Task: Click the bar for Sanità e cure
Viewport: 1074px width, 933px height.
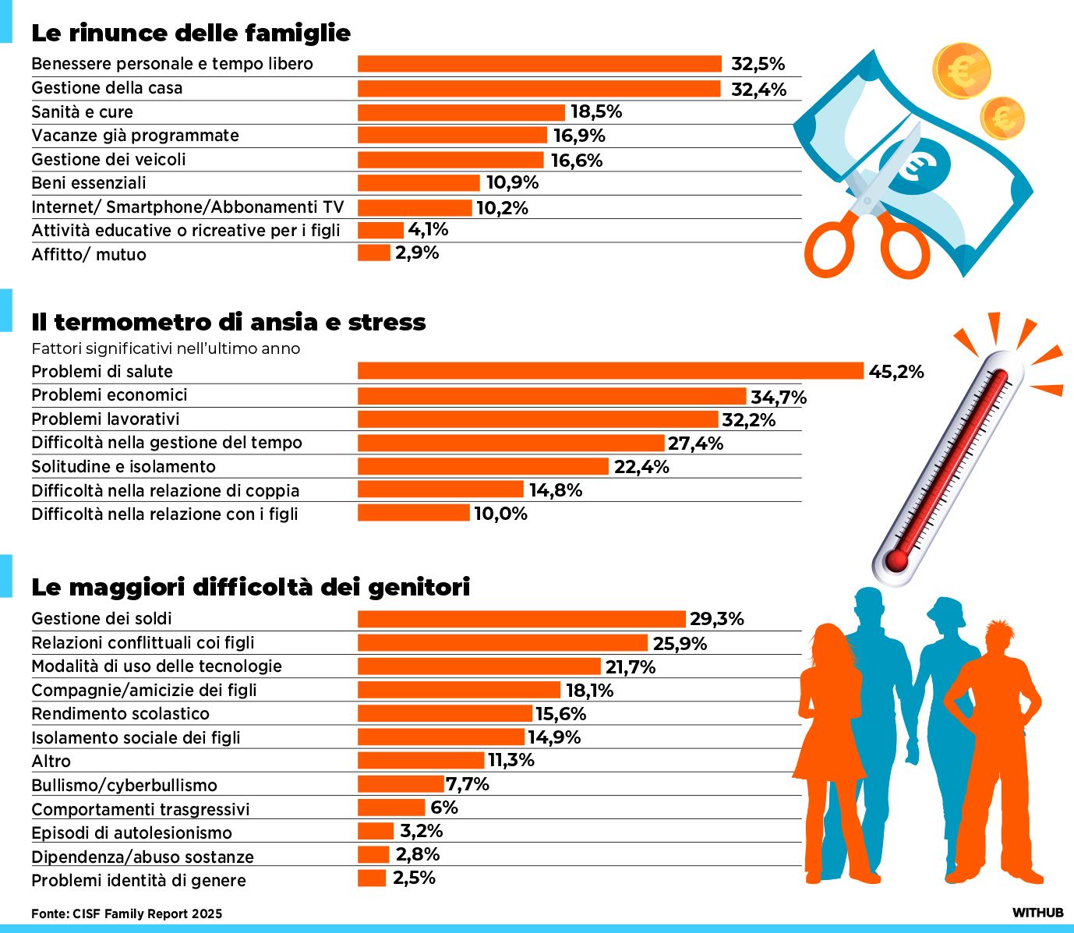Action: pyautogui.click(x=461, y=112)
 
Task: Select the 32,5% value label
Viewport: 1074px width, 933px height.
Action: pyautogui.click(x=758, y=64)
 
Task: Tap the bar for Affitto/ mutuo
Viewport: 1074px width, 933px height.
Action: pyautogui.click(x=374, y=253)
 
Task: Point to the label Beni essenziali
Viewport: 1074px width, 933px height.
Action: pyautogui.click(x=89, y=183)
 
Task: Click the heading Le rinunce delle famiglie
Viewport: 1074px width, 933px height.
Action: pyautogui.click(x=191, y=33)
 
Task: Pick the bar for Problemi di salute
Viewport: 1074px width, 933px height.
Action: pyautogui.click(x=610, y=371)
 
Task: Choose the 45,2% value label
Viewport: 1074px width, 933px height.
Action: pyautogui.click(x=896, y=372)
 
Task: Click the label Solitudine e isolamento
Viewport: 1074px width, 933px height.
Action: pyautogui.click(x=123, y=467)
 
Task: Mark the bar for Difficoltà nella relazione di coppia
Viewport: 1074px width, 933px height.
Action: pyautogui.click(x=440, y=489)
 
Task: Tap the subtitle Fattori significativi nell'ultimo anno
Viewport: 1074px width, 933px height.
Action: pyautogui.click(x=165, y=348)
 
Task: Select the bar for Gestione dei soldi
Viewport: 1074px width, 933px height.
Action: pyautogui.click(x=521, y=619)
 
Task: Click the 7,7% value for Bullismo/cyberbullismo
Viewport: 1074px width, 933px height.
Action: pyautogui.click(x=468, y=784)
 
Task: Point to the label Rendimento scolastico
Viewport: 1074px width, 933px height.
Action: pyautogui.click(x=120, y=714)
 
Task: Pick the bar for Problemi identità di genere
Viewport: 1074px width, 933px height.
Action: pyautogui.click(x=372, y=878)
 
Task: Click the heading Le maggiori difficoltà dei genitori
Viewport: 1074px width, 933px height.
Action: pyautogui.click(x=250, y=587)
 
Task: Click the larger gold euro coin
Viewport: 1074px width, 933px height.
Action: pyautogui.click(x=962, y=71)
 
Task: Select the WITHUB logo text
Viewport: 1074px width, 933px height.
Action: pyautogui.click(x=1037, y=913)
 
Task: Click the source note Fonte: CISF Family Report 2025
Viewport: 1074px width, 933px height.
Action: pyautogui.click(x=126, y=914)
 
